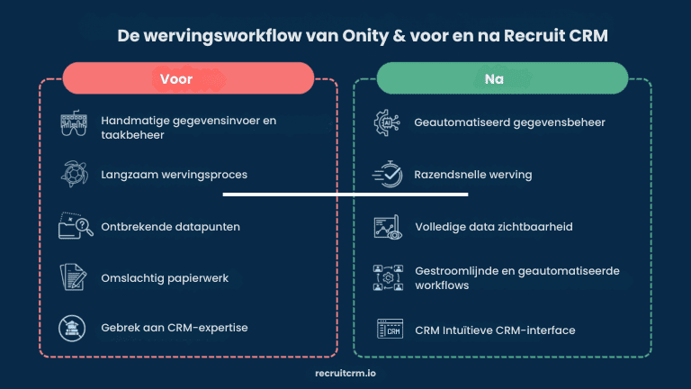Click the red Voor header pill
coord(188,78)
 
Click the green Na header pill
coord(502,78)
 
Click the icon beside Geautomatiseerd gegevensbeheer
coord(387,122)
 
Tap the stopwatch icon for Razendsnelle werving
coord(387,175)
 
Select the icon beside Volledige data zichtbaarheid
coord(387,226)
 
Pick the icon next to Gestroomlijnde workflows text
coord(387,277)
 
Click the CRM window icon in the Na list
coord(387,329)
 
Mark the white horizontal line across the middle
coord(345,194)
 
